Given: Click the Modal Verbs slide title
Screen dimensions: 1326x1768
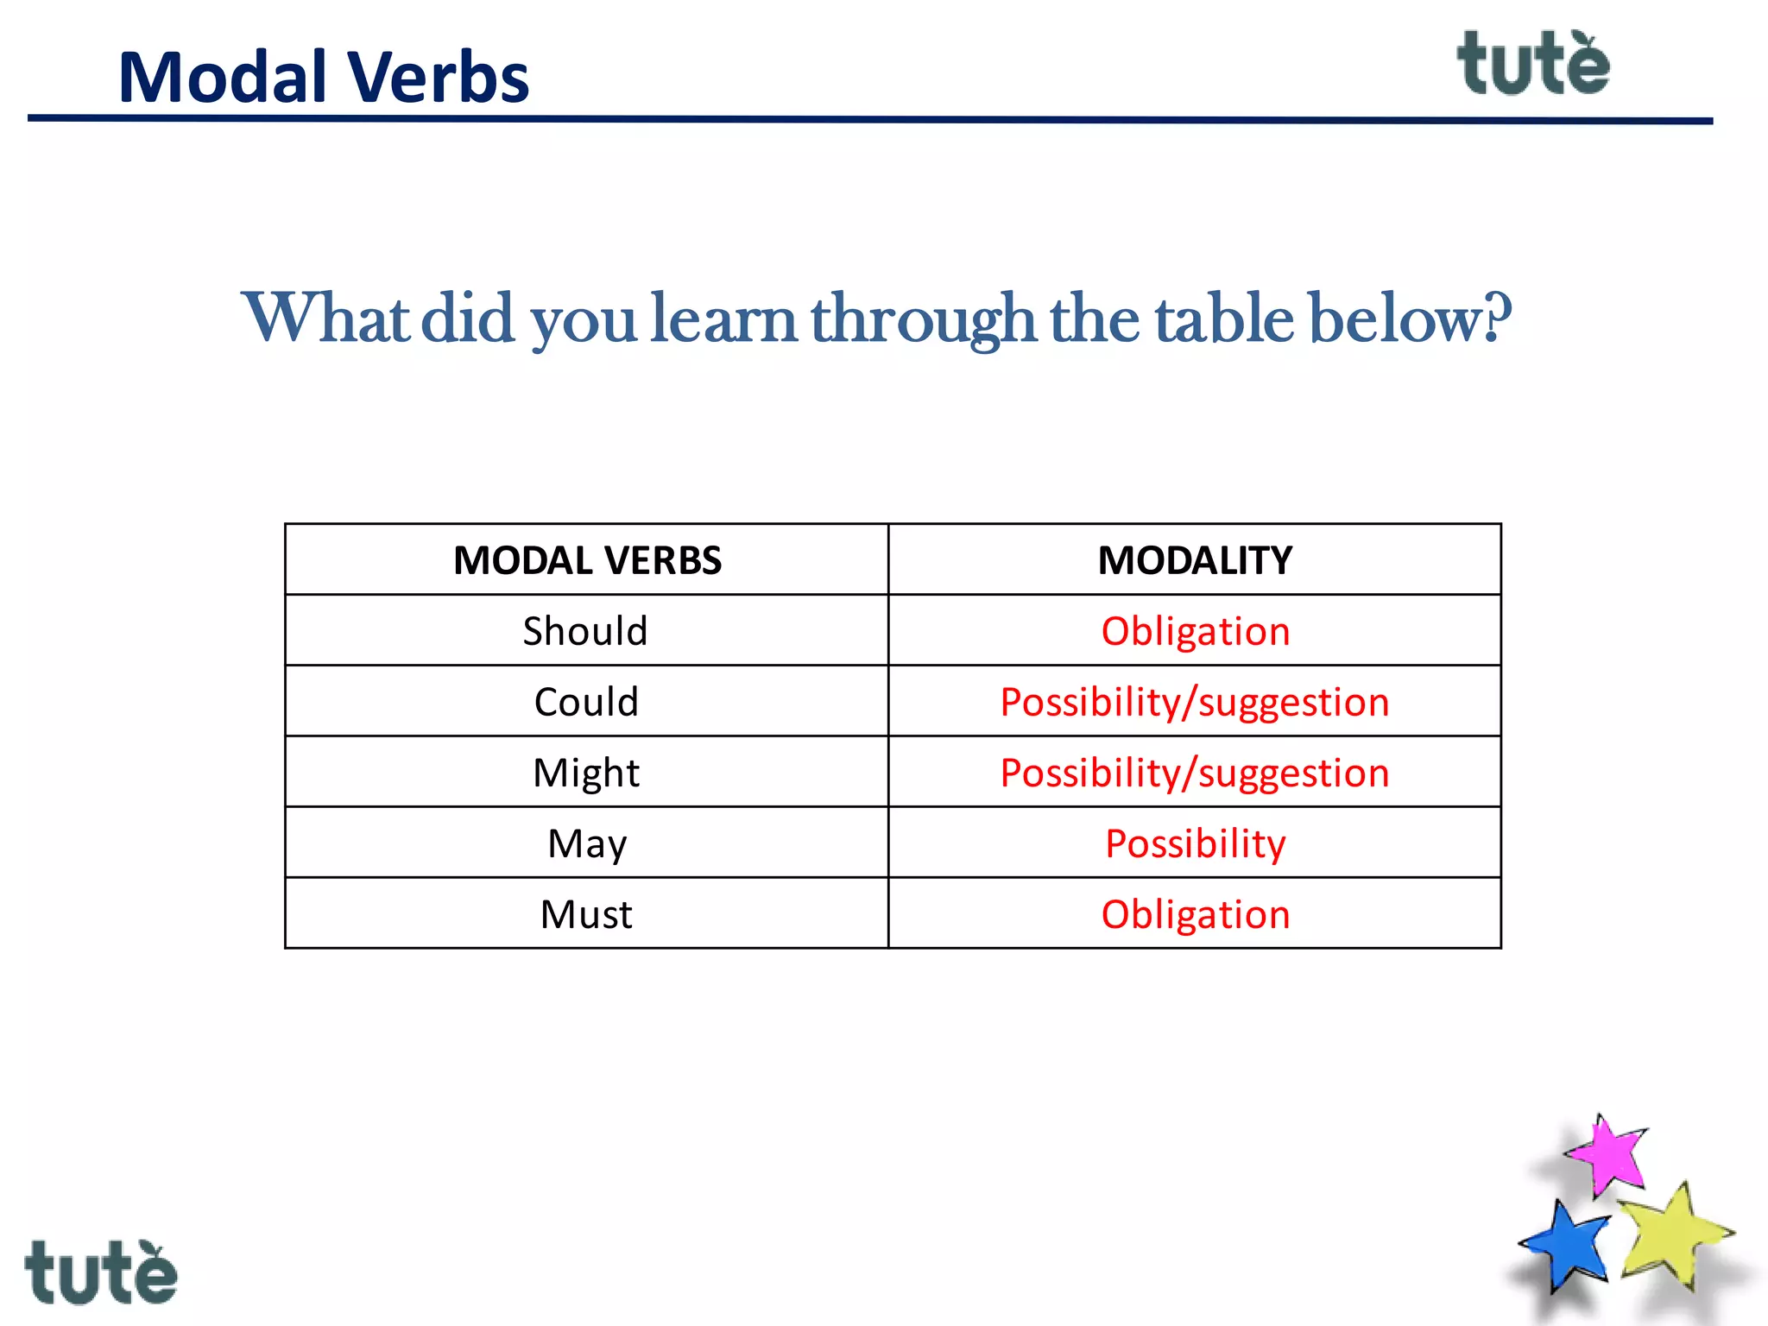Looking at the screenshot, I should (323, 78).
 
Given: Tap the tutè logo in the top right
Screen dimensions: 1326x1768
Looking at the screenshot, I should (1533, 64).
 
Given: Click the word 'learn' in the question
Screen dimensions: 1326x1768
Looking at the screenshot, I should (723, 319).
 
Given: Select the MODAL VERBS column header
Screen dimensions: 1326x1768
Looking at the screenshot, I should (587, 560).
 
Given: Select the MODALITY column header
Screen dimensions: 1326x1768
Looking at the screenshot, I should (1195, 560).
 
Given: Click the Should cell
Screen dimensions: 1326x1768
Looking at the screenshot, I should (585, 631).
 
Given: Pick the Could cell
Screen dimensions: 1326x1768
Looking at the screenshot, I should (586, 702).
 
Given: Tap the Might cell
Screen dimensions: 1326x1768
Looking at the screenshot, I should (586, 773).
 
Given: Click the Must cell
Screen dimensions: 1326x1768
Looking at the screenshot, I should (586, 914).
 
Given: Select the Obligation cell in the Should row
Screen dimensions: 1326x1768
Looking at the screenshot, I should (1196, 631).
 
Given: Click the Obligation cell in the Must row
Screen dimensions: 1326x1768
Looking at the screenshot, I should (1196, 914).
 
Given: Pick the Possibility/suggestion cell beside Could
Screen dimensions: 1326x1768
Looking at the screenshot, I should (1195, 702).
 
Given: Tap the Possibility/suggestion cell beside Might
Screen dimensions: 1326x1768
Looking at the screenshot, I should (1195, 773).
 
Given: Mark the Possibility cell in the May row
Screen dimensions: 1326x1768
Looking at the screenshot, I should (1196, 843).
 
